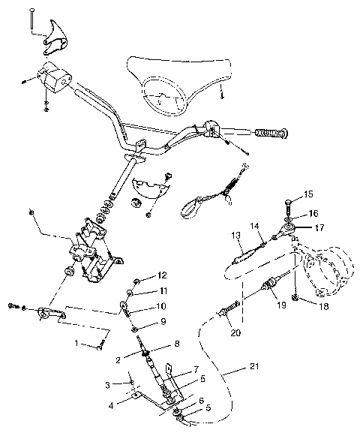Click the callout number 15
pyautogui.click(x=310, y=195)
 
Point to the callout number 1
pyautogui.click(x=75, y=343)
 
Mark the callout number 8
pyautogui.click(x=177, y=344)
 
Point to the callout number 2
pyautogui.click(x=118, y=360)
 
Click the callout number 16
pyautogui.click(x=313, y=213)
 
